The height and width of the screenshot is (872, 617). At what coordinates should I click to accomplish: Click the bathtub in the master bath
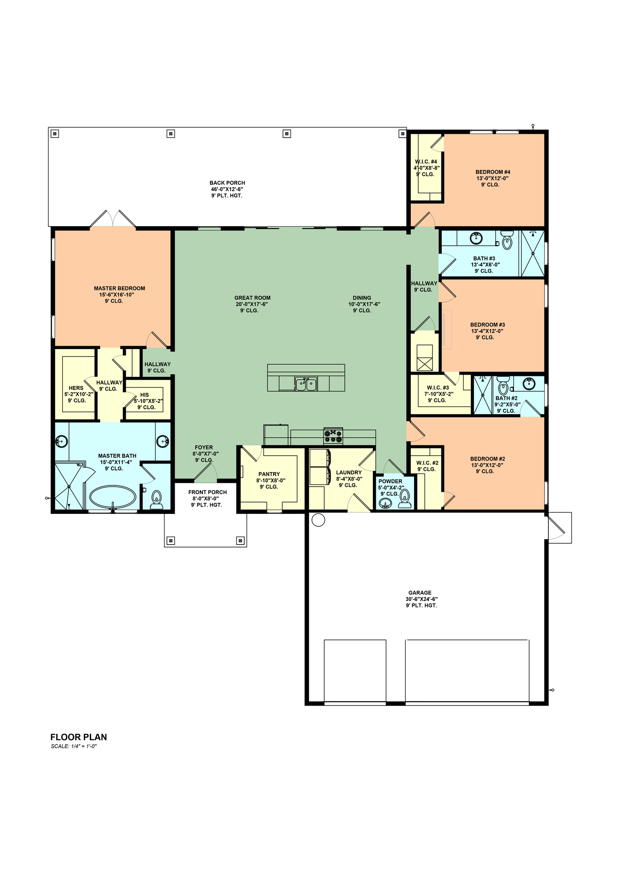[x=113, y=497]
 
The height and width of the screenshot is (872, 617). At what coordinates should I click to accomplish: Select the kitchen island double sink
[x=306, y=384]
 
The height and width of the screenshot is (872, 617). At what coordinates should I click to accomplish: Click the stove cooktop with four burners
[x=333, y=436]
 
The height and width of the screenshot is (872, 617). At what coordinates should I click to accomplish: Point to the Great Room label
[x=252, y=298]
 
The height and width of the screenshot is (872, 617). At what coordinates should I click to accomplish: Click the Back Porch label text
[x=227, y=183]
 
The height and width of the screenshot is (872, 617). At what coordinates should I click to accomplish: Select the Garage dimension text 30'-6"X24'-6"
[x=421, y=599]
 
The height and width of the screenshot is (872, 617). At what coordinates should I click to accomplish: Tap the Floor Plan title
[x=79, y=737]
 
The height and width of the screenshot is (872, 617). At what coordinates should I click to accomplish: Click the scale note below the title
[x=74, y=746]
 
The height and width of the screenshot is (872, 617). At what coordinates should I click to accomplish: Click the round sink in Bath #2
[x=529, y=383]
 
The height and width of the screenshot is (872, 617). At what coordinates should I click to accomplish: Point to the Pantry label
[x=269, y=474]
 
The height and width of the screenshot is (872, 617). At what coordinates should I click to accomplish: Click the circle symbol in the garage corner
[x=318, y=520]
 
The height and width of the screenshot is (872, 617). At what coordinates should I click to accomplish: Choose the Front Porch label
[x=208, y=492]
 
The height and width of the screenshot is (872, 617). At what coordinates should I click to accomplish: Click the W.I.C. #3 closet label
[x=438, y=388]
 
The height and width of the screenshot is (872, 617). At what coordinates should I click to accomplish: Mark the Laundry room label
[x=349, y=473]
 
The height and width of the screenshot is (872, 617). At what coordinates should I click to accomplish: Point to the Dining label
[x=362, y=298]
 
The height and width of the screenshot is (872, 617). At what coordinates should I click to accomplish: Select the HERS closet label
[x=76, y=388]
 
